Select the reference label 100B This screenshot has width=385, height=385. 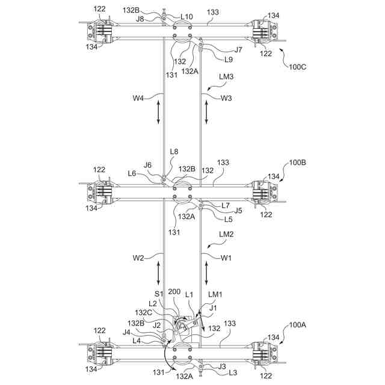click(298, 163)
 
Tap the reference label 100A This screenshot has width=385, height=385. click(298, 324)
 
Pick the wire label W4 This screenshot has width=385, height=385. click(139, 97)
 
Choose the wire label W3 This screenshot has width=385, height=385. click(226, 97)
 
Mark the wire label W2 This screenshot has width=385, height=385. click(139, 258)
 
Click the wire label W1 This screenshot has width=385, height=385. click(226, 258)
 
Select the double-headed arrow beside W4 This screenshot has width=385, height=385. click(159, 113)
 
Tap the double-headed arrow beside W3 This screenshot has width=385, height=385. click(207, 113)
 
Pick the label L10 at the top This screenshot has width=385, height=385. click(187, 16)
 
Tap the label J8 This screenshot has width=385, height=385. click(140, 19)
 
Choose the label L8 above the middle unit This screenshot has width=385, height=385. click(174, 152)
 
